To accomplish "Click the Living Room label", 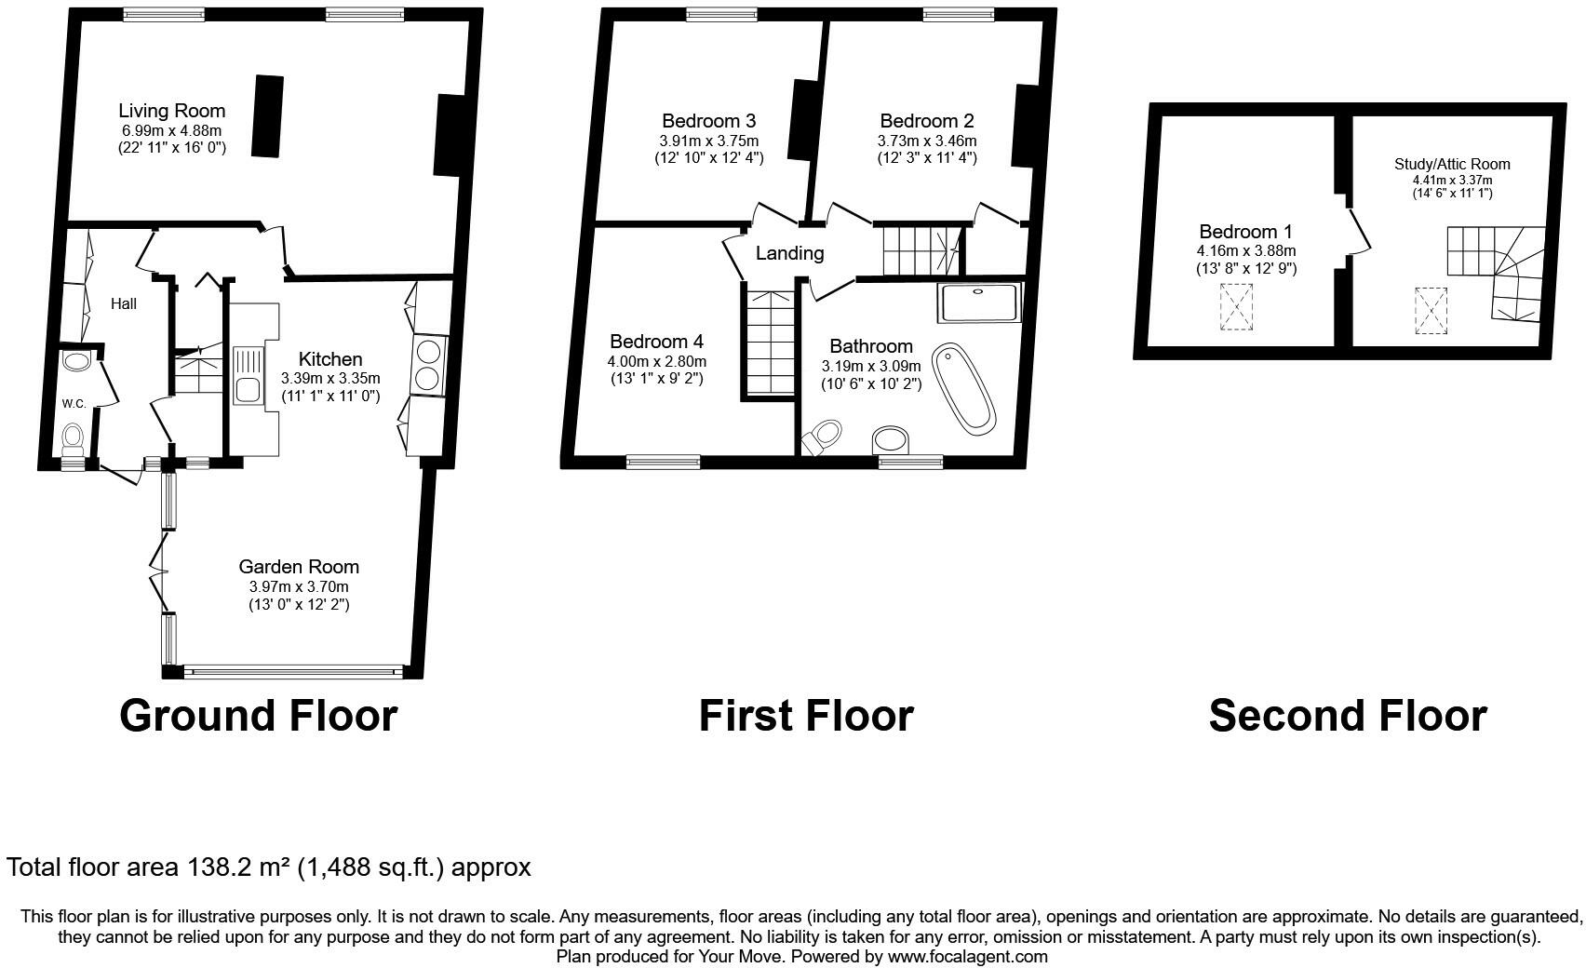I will pyautogui.click(x=172, y=112).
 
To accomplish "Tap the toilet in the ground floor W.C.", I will pyautogui.click(x=72, y=439).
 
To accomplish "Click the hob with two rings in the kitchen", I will pyautogui.click(x=429, y=365).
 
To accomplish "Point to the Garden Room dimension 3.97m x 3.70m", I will pyautogui.click(x=298, y=586).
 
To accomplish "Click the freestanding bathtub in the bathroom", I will pyautogui.click(x=963, y=388).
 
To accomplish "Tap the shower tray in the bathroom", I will pyautogui.click(x=979, y=303).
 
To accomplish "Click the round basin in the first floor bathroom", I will pyautogui.click(x=894, y=441).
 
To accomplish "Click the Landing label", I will pyautogui.click(x=789, y=253).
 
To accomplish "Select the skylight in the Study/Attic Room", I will pyautogui.click(x=1431, y=310).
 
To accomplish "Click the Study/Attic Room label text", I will pyautogui.click(x=1451, y=165).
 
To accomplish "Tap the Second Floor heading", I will pyautogui.click(x=1347, y=716).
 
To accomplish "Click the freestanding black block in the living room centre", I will pyautogui.click(x=268, y=115).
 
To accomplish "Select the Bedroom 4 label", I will pyautogui.click(x=656, y=342).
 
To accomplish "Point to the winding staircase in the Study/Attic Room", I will pyautogui.click(x=1499, y=270).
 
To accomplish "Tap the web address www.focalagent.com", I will pyautogui.click(x=967, y=956).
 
